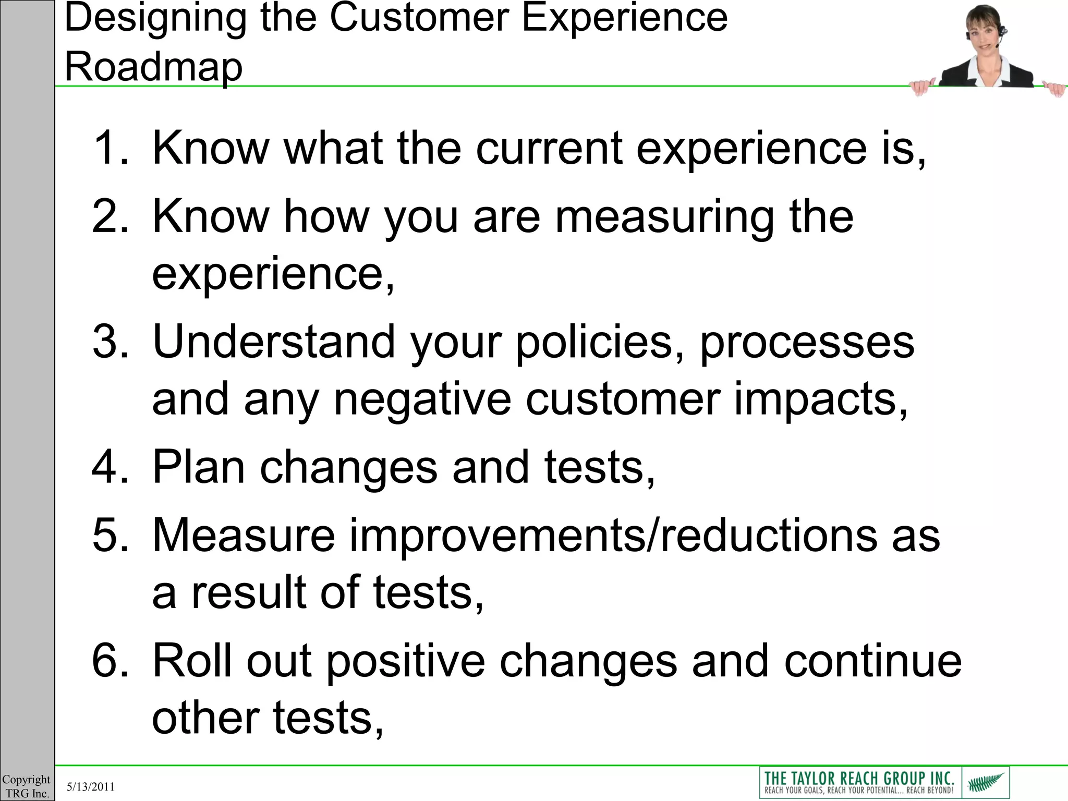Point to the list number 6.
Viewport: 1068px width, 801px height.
click(x=110, y=661)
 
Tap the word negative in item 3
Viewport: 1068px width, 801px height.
click(x=422, y=399)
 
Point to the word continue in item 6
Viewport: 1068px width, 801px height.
click(x=872, y=661)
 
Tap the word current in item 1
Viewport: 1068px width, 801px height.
click(x=550, y=148)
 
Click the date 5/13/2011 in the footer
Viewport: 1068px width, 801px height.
click(x=91, y=786)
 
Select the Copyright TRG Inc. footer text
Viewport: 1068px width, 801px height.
click(x=27, y=786)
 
